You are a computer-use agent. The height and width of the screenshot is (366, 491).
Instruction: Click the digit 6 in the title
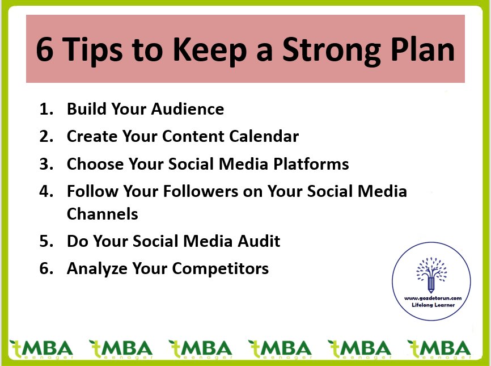coord(45,49)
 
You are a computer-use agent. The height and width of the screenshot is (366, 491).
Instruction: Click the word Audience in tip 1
coord(188,109)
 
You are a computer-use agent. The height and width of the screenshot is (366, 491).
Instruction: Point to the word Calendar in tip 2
coord(264,136)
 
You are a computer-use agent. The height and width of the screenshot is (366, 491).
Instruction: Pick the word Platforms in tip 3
coord(311,164)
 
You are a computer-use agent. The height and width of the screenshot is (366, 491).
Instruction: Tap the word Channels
coord(103,214)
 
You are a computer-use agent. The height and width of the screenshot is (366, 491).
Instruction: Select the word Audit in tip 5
coord(259,241)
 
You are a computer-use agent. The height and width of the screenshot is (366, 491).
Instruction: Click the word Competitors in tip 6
coord(221,269)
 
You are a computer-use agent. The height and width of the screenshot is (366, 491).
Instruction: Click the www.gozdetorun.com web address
coord(433,298)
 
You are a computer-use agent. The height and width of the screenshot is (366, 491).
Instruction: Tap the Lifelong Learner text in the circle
coord(433,305)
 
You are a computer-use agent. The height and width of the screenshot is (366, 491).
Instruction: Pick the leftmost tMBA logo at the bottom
coord(41,350)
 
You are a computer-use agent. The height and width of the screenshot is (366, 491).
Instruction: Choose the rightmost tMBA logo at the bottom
coord(439,350)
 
